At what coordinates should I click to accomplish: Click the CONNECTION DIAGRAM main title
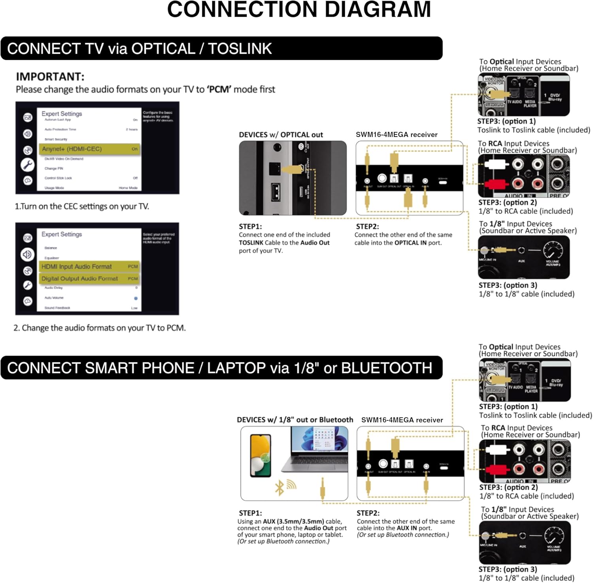[x=299, y=10]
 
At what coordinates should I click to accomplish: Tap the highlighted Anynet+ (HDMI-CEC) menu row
[x=89, y=149]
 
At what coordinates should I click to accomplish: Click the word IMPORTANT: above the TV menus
[x=50, y=76]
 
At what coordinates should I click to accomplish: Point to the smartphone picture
[x=261, y=455]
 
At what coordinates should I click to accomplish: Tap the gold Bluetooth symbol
[x=280, y=488]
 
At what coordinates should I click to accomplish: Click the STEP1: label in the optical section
[x=250, y=227]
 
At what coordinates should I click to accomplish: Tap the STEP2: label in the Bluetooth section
[x=368, y=513]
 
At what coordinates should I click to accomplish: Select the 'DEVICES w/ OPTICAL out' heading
[x=281, y=135]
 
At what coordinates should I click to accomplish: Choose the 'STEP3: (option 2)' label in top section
[x=508, y=203]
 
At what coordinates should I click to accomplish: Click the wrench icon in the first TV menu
[x=28, y=165]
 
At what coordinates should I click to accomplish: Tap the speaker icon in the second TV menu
[x=27, y=254]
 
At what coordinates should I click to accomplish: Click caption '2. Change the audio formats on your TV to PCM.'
[x=100, y=328]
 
